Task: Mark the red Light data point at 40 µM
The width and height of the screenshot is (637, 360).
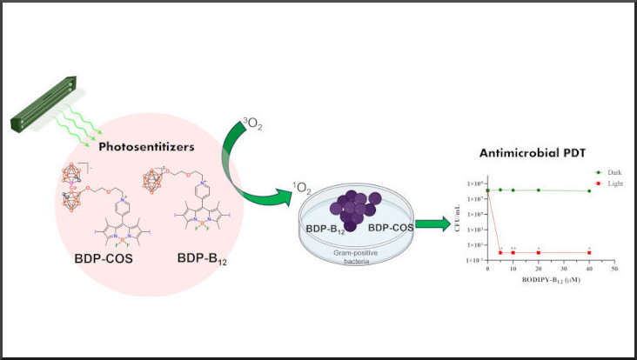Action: (x=589, y=252)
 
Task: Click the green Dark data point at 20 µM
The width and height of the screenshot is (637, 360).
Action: (x=539, y=190)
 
